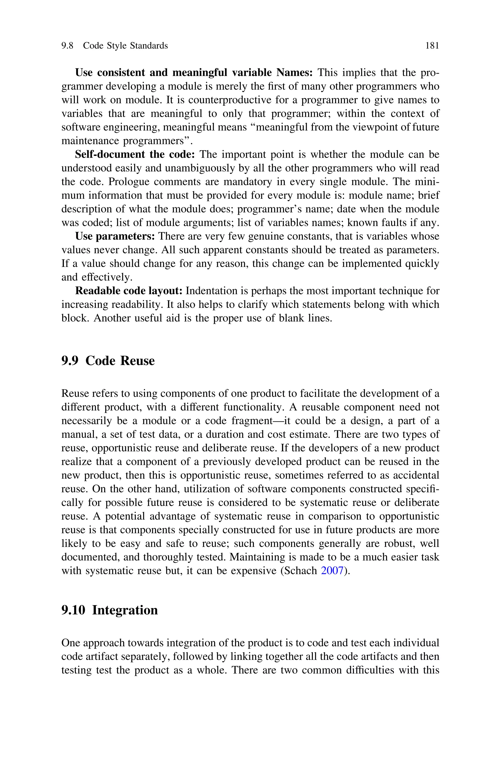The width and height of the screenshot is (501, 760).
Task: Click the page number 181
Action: pos(432,46)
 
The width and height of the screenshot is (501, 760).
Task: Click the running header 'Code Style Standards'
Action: pos(125,46)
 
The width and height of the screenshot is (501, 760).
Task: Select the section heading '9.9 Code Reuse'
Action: pos(108,361)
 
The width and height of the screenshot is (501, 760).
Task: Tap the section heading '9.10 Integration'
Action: pos(110,610)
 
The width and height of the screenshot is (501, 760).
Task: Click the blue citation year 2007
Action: pos(332,571)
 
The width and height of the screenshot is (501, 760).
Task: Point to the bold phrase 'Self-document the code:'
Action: pos(135,154)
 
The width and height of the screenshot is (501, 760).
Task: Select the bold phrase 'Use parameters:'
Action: pos(115,236)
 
